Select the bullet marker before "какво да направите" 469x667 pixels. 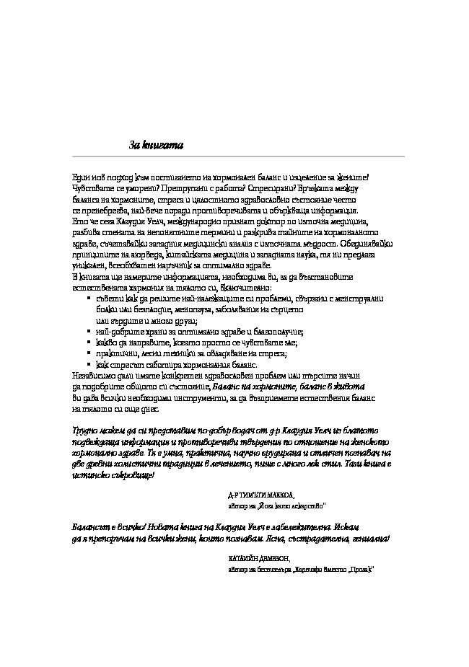click(88, 343)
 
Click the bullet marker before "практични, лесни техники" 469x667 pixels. click(88, 353)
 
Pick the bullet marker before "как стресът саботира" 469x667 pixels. click(88, 365)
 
